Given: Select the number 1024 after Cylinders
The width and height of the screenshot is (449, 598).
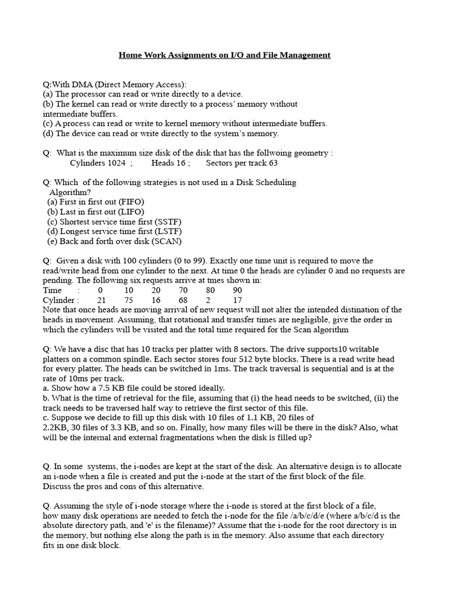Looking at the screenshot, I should [x=113, y=163].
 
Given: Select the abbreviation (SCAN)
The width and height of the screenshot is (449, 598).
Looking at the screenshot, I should [x=167, y=241].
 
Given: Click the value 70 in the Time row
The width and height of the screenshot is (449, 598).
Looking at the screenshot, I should [x=184, y=290].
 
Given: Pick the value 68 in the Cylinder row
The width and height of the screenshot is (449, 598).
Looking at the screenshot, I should [x=184, y=300].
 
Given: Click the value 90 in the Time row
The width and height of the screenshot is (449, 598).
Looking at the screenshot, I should [x=237, y=290].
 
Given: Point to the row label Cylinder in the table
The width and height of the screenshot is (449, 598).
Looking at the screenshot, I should [x=59, y=300].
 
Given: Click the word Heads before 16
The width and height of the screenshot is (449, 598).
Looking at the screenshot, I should [x=163, y=163].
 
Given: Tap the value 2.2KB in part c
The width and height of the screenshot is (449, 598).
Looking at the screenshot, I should [x=56, y=427].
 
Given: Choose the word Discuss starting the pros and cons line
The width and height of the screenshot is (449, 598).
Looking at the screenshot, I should [x=58, y=486].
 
